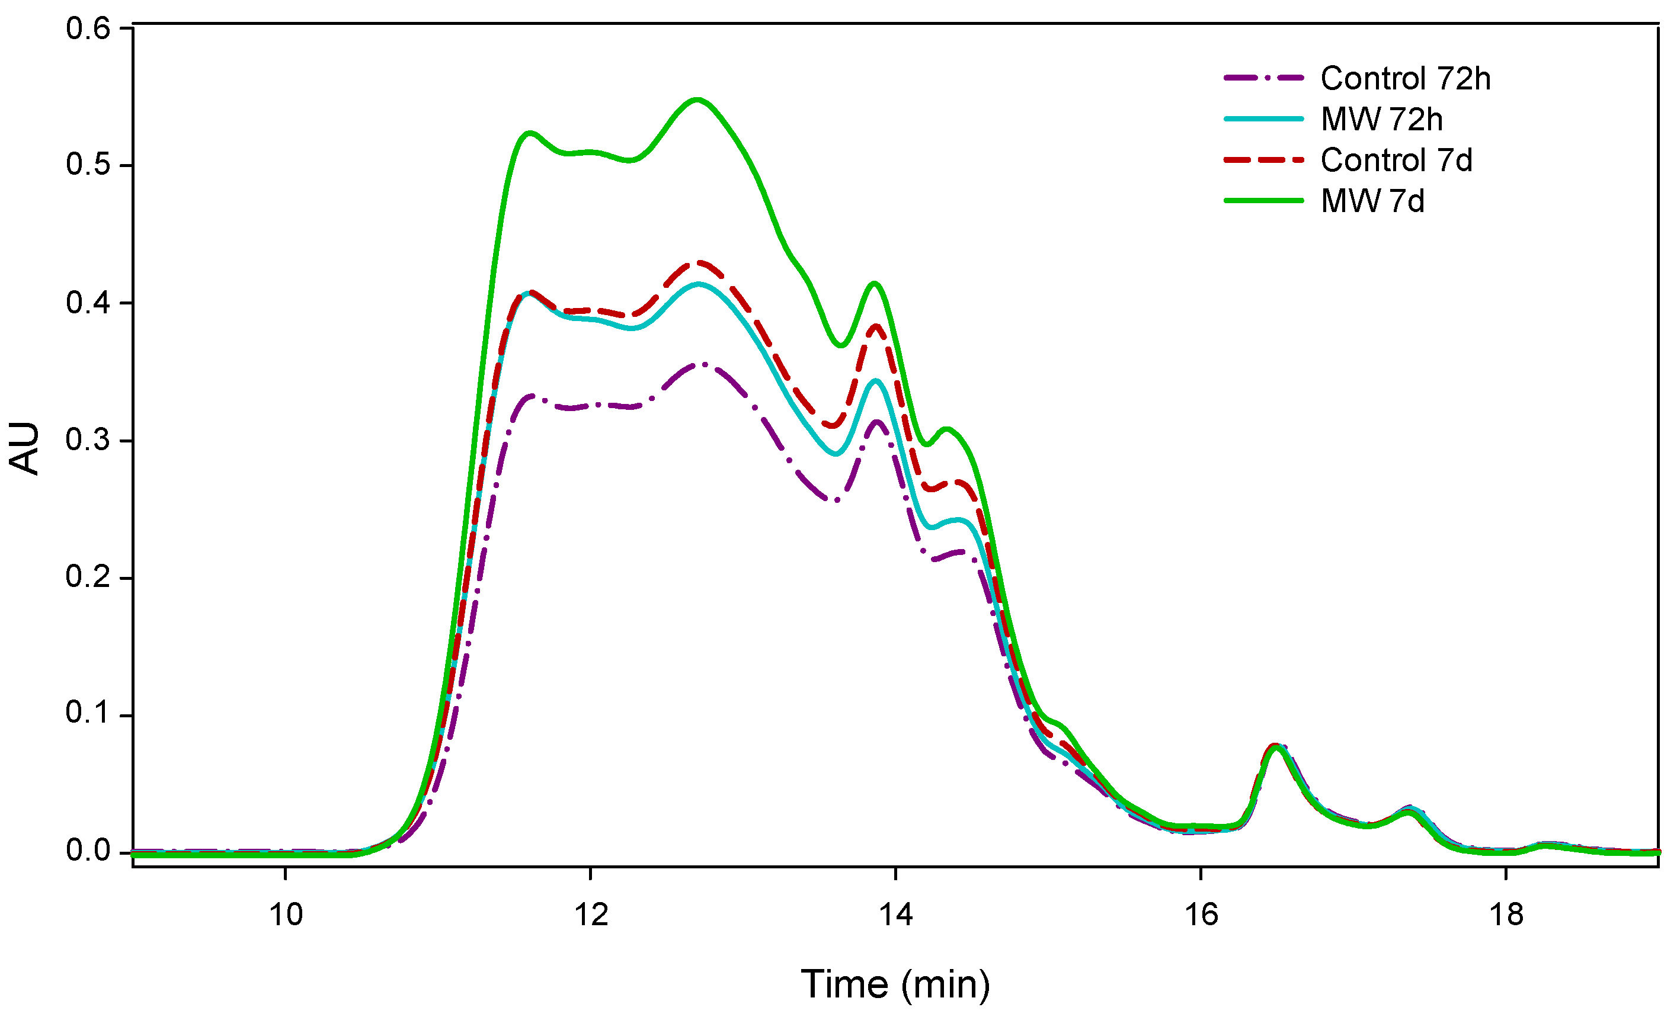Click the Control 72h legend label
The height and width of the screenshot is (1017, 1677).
(1405, 79)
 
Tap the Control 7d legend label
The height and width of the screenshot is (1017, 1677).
(1396, 161)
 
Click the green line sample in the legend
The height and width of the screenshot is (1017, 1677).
(1263, 201)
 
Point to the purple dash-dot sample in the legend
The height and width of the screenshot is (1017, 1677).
(1263, 78)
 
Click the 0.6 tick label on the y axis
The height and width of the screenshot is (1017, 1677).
(88, 28)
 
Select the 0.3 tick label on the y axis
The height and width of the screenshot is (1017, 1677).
(88, 440)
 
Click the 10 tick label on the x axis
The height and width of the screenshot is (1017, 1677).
(286, 915)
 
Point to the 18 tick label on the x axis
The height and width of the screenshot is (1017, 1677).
(1506, 915)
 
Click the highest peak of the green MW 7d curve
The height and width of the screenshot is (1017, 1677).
(697, 100)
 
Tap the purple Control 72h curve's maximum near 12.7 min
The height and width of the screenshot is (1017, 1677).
(701, 365)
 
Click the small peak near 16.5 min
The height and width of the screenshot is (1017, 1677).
(1277, 746)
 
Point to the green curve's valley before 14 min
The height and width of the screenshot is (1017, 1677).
(842, 345)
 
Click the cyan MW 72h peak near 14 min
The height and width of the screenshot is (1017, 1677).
(876, 381)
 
